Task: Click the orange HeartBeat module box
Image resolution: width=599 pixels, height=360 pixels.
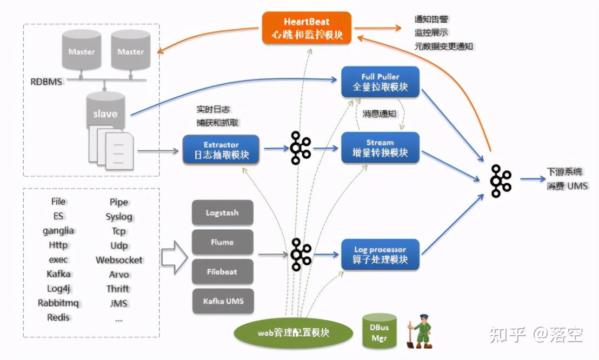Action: (307, 29)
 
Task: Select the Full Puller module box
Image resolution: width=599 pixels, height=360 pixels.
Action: (380, 82)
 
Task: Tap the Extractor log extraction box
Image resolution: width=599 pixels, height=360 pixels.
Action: (221, 150)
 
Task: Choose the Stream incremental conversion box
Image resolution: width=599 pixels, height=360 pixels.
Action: (380, 148)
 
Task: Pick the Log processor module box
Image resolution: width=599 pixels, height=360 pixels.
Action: (380, 255)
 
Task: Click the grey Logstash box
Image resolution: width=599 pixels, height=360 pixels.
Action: (222, 213)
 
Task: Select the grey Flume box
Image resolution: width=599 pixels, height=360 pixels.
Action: (222, 243)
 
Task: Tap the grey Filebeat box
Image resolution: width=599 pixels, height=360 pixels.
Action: (222, 271)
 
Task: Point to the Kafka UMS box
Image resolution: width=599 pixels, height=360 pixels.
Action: (222, 301)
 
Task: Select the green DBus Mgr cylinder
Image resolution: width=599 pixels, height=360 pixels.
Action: (379, 330)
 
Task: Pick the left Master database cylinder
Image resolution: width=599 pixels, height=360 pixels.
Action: (81, 50)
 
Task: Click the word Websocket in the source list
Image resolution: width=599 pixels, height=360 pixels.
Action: (119, 260)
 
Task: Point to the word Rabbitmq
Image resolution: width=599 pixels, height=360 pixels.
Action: (58, 303)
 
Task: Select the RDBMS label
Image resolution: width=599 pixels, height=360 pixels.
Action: (46, 82)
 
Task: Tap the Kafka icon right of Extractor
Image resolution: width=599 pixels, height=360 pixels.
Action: (300, 148)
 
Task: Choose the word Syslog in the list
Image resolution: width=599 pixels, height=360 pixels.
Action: (119, 217)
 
